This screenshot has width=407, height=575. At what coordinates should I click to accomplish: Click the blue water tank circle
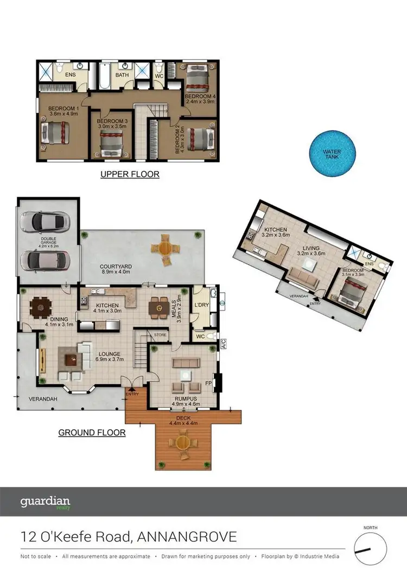tap(332, 153)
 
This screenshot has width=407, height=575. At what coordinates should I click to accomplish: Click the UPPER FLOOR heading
tap(130, 175)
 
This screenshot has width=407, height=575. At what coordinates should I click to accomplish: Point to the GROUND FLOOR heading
tap(92, 432)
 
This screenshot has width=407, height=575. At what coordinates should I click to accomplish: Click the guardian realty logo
tap(45, 502)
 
